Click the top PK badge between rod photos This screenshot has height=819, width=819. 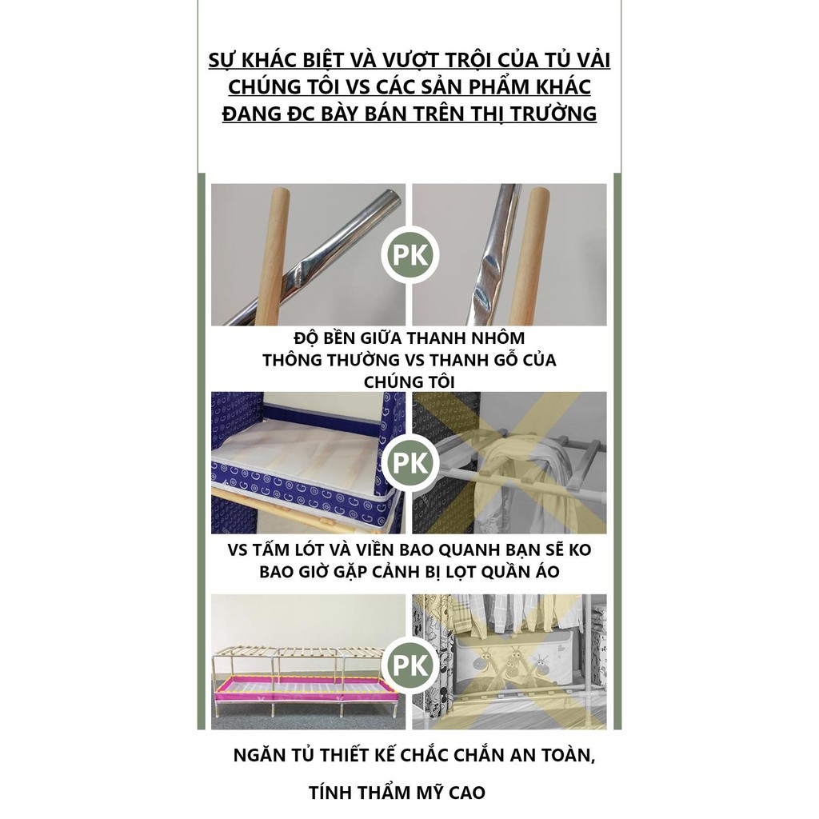click(x=409, y=255)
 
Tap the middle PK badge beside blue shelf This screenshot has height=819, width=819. click(x=409, y=463)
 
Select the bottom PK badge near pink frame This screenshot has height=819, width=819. click(x=409, y=665)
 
